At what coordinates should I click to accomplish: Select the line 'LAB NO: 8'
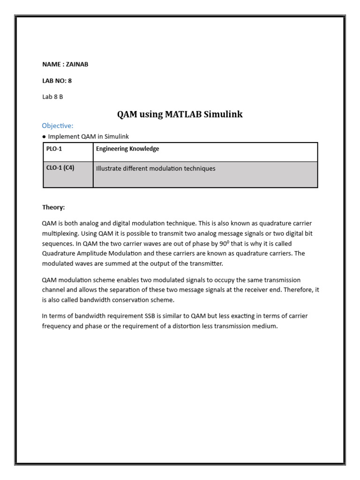click(57, 81)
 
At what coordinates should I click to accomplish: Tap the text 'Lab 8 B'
click(52, 97)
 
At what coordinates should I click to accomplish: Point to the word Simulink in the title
click(224, 114)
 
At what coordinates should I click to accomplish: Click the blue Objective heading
click(57, 126)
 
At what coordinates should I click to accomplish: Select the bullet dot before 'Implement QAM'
click(44, 136)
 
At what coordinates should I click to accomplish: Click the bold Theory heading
click(53, 207)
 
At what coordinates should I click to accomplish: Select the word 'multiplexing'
click(59, 233)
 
